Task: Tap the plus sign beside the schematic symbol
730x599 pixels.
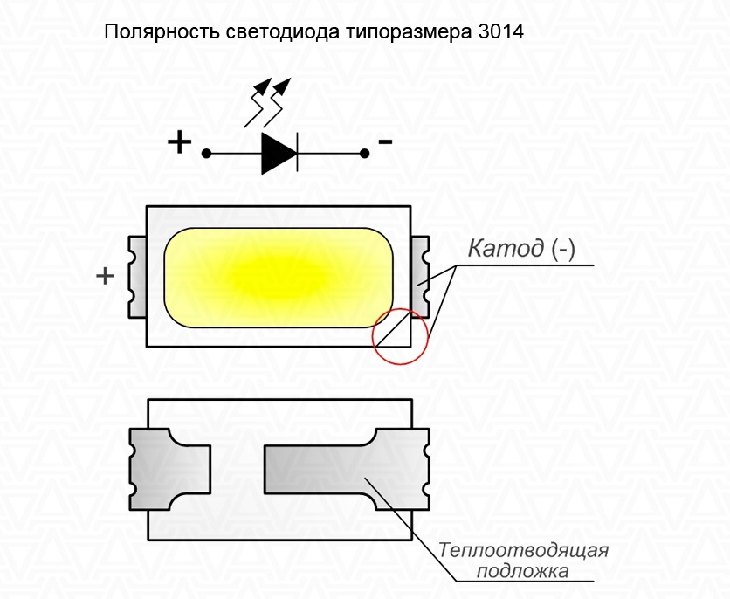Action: point(179,141)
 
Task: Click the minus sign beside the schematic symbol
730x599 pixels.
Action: point(385,141)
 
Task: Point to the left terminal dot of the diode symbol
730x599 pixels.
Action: point(207,154)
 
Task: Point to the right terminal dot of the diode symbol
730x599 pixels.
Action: point(364,154)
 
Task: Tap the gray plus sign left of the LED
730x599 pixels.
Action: point(105,276)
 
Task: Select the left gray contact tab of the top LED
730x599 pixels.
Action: point(137,276)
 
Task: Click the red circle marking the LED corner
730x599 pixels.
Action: point(402,334)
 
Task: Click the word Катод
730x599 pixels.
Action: point(507,250)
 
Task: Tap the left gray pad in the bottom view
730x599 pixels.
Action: point(170,468)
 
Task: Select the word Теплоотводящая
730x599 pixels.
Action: point(523,552)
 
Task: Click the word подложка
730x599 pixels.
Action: point(523,572)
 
